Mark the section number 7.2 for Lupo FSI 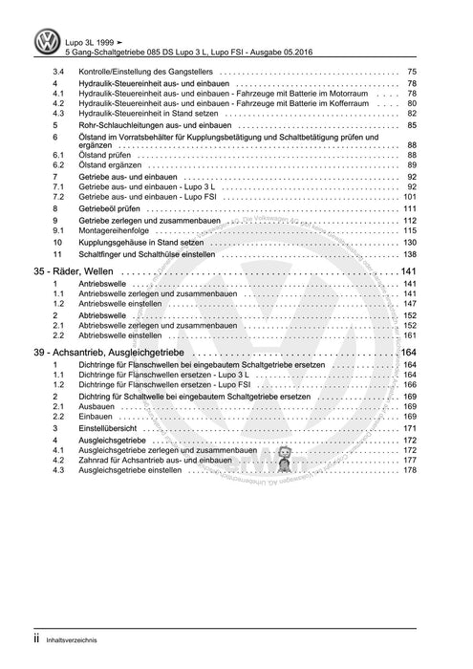pos(58,196)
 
